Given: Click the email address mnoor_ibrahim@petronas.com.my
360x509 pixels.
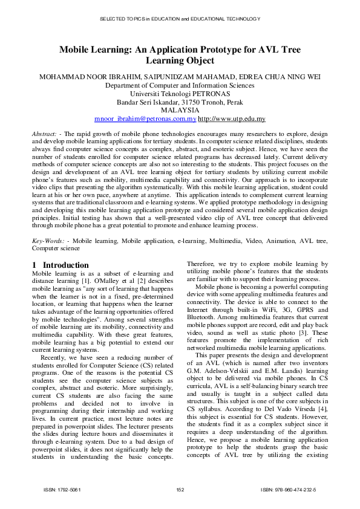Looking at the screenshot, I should pos(146,120).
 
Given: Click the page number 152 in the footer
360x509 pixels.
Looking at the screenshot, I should pos(180,488).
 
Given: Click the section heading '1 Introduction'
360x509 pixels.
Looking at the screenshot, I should pos(60,265).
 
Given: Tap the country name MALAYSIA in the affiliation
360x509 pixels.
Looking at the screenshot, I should pos(180,111).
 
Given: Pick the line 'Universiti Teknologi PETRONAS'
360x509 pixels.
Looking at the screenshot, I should pos(180,94).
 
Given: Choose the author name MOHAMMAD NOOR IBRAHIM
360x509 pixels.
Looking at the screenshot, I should pos(85,77).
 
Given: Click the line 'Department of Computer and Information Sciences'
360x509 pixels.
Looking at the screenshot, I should pos(180,86).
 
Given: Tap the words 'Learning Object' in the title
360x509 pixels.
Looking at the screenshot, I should pos(180,61).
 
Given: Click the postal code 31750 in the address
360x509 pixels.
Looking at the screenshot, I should pos(204,103).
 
